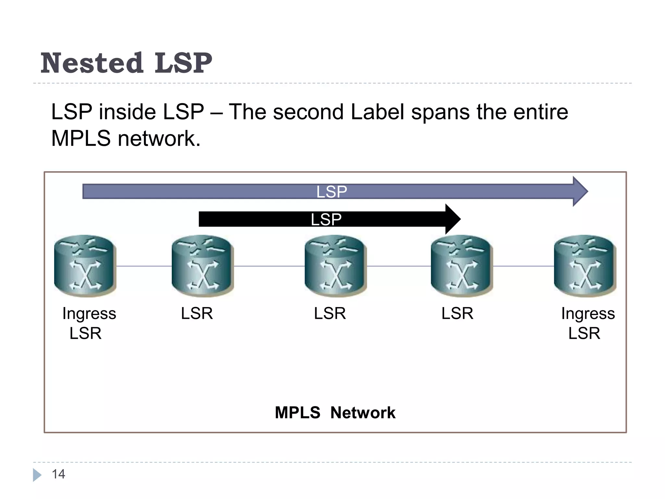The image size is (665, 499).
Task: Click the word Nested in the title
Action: coord(92,63)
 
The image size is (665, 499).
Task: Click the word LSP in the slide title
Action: coord(183,63)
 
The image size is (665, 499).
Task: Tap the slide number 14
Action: coord(58,474)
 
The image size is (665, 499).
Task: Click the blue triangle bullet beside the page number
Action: coord(37,475)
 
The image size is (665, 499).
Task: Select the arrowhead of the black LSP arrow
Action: coord(453,219)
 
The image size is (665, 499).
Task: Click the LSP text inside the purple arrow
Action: coord(332,192)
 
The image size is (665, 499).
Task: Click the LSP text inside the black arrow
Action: coord(326,219)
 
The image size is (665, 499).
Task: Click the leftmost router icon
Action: coord(85,266)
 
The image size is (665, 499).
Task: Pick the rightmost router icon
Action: coord(585,266)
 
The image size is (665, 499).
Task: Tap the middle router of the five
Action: coord(335,266)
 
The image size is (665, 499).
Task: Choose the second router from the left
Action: coord(203,266)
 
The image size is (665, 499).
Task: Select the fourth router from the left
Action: coord(462,266)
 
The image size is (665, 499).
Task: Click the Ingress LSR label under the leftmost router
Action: coord(88,323)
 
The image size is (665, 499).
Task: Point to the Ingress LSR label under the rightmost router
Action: coord(587,323)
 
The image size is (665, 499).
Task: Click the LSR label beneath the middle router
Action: coord(330,313)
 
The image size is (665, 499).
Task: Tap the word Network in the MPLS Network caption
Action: coord(363,413)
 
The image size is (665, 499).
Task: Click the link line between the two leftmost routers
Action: coord(144,266)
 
